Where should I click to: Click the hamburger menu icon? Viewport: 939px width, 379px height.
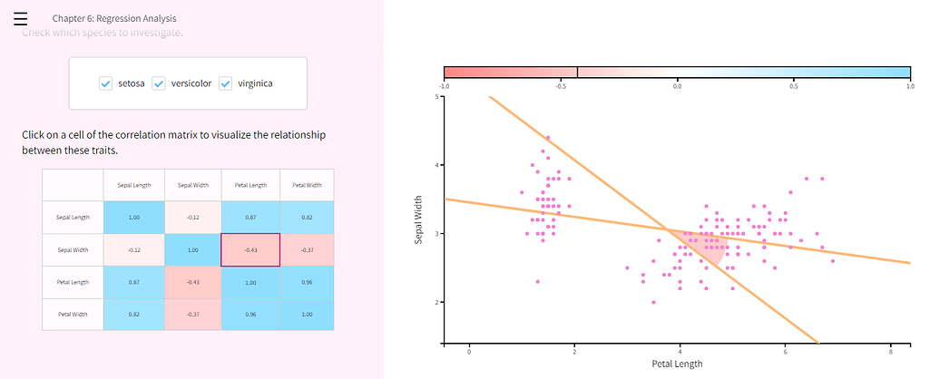click(20, 18)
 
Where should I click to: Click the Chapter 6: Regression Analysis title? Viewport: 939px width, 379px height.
click(114, 18)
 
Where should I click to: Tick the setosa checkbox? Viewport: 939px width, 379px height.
click(105, 83)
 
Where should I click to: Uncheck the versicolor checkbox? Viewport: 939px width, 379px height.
click(158, 83)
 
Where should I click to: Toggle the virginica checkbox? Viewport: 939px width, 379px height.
click(225, 83)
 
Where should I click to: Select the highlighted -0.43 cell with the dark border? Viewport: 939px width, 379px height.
click(250, 249)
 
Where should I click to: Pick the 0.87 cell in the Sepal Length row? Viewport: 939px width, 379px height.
click(250, 218)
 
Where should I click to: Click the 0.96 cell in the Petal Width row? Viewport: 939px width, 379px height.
click(250, 314)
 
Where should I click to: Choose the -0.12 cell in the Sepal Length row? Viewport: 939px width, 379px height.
click(191, 218)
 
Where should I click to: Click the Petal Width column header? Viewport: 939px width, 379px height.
click(306, 185)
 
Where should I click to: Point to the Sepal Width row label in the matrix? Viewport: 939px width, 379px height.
click(73, 249)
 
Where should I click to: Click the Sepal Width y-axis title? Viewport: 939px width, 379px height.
click(419, 220)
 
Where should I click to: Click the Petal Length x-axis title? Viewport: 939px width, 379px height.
click(677, 364)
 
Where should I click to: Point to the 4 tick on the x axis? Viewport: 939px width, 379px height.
click(680, 352)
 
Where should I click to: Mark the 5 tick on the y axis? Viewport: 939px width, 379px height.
click(436, 96)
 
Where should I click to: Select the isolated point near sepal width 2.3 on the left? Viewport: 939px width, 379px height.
click(537, 281)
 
